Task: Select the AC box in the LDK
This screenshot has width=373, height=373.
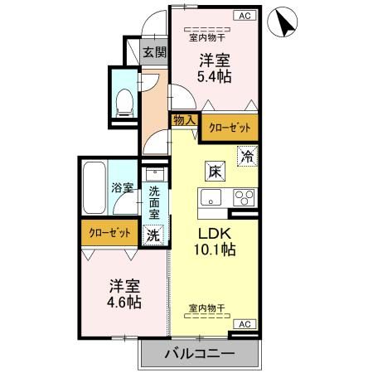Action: point(245,324)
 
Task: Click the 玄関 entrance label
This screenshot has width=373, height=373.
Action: point(154,52)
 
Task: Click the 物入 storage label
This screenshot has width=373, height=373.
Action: point(184,120)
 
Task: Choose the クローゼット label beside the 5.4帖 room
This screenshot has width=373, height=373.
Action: point(227,128)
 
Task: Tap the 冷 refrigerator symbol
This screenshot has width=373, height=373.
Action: point(246,154)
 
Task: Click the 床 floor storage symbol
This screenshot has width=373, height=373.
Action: point(214,172)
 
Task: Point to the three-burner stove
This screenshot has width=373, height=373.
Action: point(243,198)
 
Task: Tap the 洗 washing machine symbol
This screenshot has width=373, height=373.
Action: point(153,235)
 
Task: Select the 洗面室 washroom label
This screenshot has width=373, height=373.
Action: point(154,201)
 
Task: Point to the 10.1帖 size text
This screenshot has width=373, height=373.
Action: point(216,249)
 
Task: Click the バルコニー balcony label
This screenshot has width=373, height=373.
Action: point(198,354)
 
